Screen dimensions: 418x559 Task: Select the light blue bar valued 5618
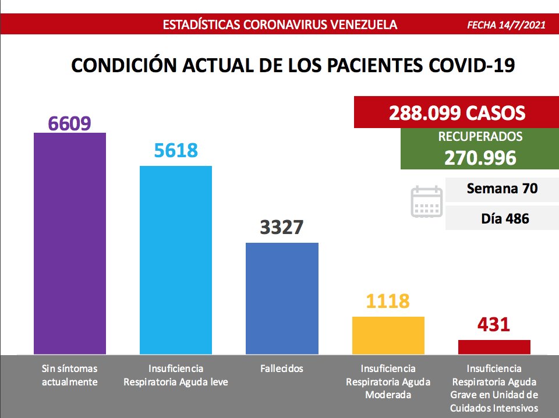tap(176, 260)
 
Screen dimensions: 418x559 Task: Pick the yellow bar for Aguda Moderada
tap(388, 335)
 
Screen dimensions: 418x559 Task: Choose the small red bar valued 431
tap(494, 347)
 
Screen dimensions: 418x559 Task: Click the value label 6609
tap(70, 123)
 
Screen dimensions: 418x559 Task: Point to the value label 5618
tap(176, 151)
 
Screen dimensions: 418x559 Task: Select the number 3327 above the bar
tap(282, 226)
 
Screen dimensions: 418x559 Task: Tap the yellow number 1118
tap(388, 301)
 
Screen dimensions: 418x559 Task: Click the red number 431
tap(494, 324)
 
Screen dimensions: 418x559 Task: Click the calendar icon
tap(426, 202)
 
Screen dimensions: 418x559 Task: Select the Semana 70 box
tap(501, 189)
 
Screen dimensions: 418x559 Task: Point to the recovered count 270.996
tap(480, 157)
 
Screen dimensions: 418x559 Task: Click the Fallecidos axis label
tap(282, 369)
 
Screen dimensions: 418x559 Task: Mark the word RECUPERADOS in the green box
tap(480, 137)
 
